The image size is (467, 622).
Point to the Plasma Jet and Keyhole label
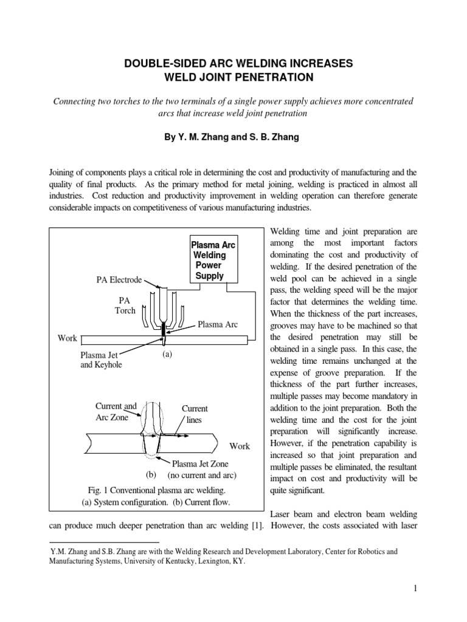point(100,360)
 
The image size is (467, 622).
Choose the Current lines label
point(195,414)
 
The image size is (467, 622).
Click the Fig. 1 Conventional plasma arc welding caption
point(156,490)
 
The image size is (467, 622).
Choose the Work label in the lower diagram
point(239,446)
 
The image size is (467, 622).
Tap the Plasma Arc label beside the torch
point(217,325)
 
